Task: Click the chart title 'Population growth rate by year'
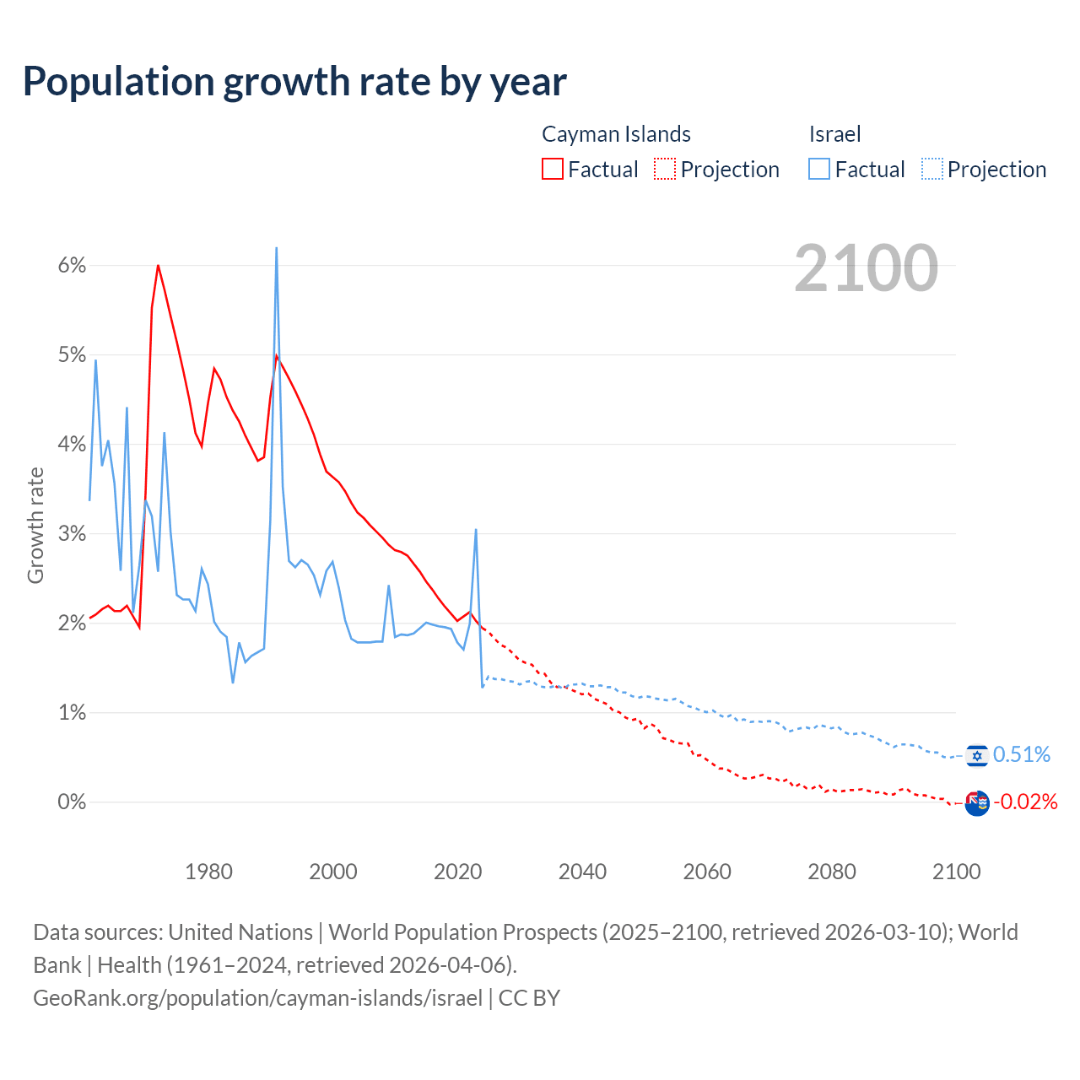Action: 294,81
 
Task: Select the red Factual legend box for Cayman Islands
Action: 552,169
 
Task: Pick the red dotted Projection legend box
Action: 665,169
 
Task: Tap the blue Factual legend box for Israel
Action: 818,169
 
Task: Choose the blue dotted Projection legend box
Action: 931,169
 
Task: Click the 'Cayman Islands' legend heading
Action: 616,134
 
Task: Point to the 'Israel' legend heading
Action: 834,134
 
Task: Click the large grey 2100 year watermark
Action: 866,268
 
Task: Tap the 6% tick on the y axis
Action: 72,266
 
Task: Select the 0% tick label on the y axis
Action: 72,802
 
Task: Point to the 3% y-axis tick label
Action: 72,533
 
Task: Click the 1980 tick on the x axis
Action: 208,872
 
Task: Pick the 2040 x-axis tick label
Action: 582,872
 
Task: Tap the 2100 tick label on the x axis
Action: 956,872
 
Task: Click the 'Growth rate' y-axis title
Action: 35,525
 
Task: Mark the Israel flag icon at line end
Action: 977,755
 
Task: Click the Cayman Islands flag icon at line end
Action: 977,803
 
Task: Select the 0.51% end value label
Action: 1022,754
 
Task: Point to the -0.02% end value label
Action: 1025,802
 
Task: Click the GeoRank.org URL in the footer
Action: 257,998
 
